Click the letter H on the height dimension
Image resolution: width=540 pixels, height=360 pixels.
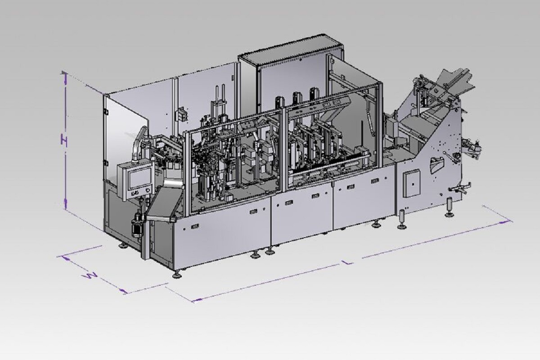pyautogui.click(x=64, y=141)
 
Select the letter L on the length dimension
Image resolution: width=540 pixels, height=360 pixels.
pyautogui.click(x=348, y=262)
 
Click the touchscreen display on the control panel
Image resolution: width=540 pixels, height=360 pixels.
pyautogui.click(x=139, y=178)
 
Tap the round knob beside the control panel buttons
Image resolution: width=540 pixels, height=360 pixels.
pyautogui.click(x=147, y=191)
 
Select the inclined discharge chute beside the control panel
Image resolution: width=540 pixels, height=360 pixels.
pyautogui.click(x=164, y=205)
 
